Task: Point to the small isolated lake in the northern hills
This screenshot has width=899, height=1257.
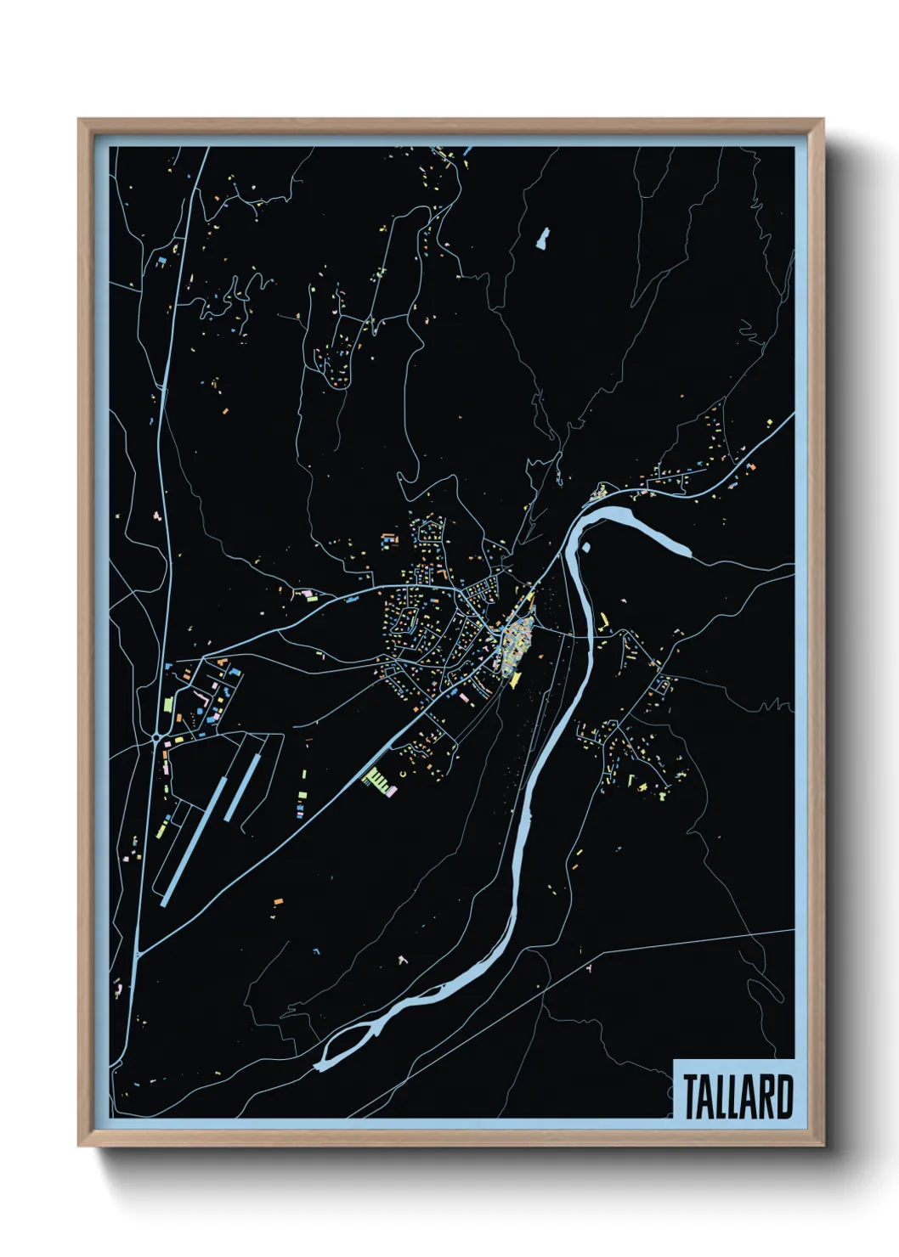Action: tap(541, 239)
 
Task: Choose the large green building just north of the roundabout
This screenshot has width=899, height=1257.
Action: tap(168, 705)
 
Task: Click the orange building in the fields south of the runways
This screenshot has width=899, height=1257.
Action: tap(277, 902)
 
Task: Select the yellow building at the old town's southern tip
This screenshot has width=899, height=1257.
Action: tap(515, 679)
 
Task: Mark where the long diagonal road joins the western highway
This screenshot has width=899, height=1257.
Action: tap(139, 952)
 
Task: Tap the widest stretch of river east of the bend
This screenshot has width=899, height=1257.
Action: tap(654, 533)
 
